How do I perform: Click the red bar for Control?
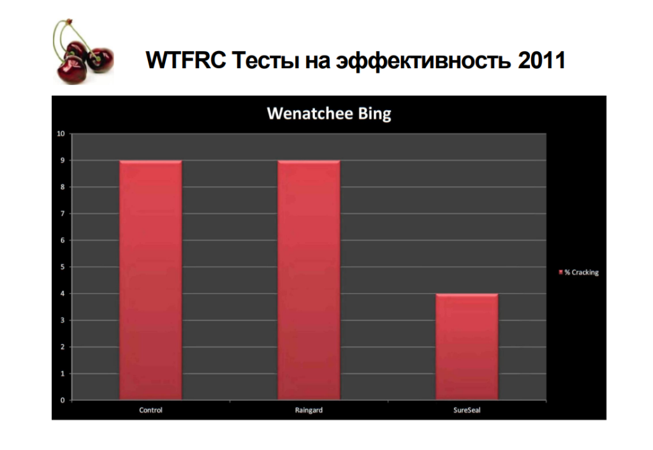(x=150, y=280)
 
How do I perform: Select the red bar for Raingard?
(x=309, y=280)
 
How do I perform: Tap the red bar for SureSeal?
(x=467, y=347)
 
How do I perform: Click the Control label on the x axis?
(x=150, y=410)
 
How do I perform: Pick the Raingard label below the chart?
(x=309, y=410)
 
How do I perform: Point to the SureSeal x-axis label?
(x=467, y=410)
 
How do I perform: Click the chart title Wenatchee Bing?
(x=329, y=113)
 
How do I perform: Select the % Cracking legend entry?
(x=578, y=272)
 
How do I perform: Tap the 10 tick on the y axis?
(x=61, y=134)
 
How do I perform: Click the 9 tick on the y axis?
(x=63, y=160)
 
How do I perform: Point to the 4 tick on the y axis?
(x=63, y=293)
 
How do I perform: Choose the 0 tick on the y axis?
(x=63, y=400)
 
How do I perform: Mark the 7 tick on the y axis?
(x=63, y=214)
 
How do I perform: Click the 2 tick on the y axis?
(x=63, y=347)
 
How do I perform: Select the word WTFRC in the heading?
(x=186, y=60)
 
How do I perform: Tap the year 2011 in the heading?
(x=542, y=60)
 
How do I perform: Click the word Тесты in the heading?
(x=266, y=60)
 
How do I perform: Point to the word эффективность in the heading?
(x=423, y=61)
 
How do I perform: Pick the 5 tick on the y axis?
(x=63, y=267)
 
